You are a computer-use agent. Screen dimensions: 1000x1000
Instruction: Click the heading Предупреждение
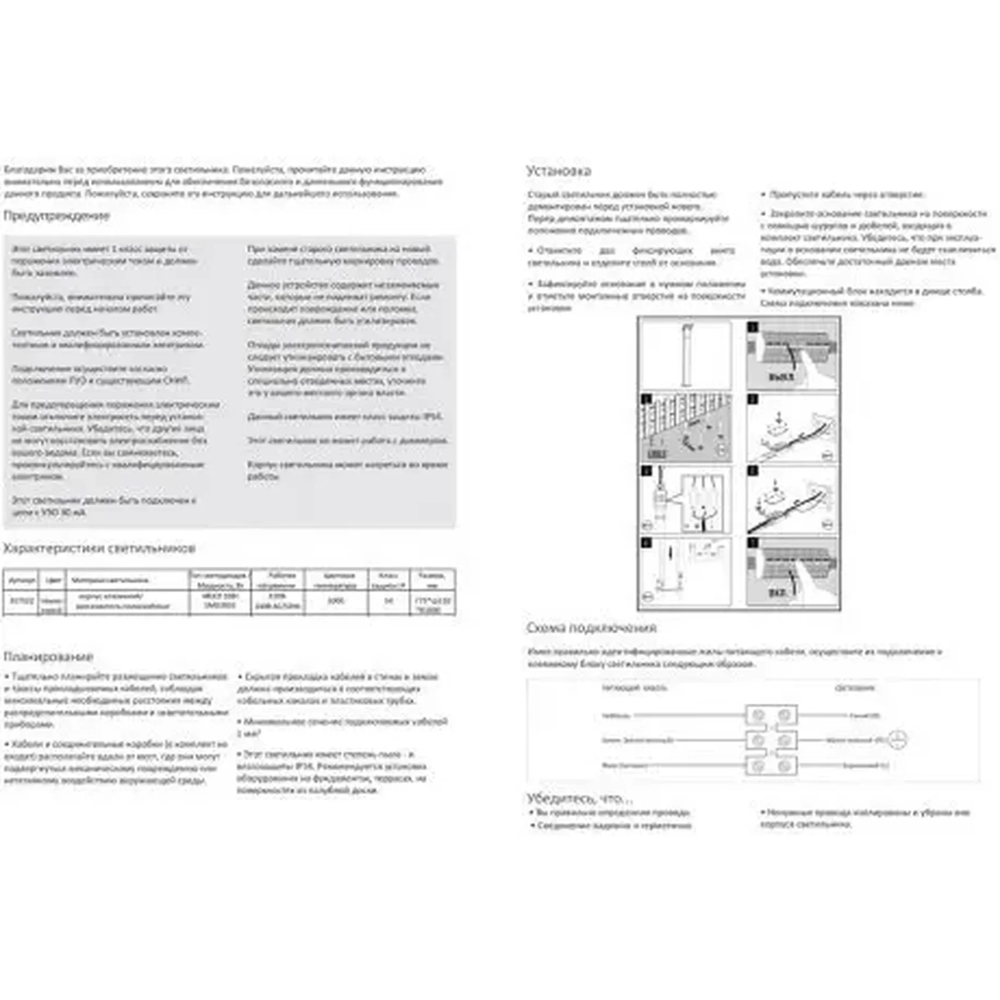pyautogui.click(x=56, y=216)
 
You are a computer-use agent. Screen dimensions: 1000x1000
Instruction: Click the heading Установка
pyautogui.click(x=558, y=171)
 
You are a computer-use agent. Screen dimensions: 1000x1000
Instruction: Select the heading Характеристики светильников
pyautogui.click(x=99, y=548)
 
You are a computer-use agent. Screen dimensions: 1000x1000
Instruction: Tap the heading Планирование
pyautogui.click(x=48, y=656)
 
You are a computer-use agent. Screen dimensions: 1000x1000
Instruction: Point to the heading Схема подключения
pyautogui.click(x=591, y=628)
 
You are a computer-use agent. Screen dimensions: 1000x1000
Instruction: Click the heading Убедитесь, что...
pyautogui.click(x=579, y=798)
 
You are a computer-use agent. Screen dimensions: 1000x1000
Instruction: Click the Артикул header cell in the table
pyautogui.click(x=22, y=580)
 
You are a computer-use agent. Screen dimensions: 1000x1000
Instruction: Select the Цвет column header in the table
pyautogui.click(x=53, y=580)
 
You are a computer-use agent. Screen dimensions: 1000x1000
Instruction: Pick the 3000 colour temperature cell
pyautogui.click(x=336, y=601)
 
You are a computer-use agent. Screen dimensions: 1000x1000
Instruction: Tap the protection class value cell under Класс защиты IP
pyautogui.click(x=389, y=601)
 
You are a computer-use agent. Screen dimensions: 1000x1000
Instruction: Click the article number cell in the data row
pyautogui.click(x=22, y=601)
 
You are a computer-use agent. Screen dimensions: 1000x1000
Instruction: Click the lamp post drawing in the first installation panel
pyautogui.click(x=687, y=355)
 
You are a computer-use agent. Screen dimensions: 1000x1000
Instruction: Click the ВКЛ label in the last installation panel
pyautogui.click(x=777, y=592)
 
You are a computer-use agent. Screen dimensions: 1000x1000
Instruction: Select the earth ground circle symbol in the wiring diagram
pyautogui.click(x=898, y=740)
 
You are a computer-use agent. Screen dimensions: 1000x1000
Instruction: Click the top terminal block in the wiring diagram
pyautogui.click(x=771, y=715)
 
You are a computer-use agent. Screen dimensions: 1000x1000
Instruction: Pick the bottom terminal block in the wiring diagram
pyautogui.click(x=771, y=766)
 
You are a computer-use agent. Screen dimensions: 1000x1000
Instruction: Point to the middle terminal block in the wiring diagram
pyautogui.click(x=771, y=740)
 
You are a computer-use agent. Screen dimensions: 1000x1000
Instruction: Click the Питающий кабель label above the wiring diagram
pyautogui.click(x=634, y=688)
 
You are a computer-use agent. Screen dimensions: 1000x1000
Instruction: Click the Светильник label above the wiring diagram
pyautogui.click(x=855, y=688)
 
